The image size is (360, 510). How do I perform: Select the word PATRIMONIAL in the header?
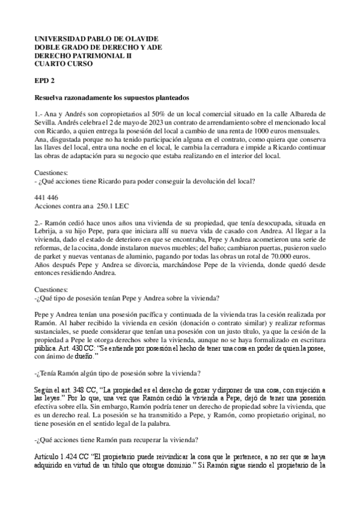90,55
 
